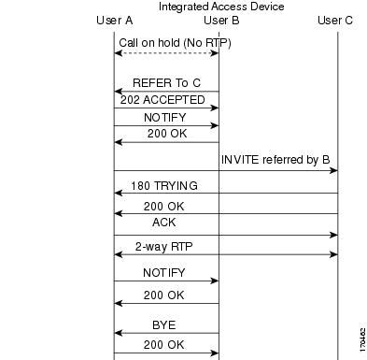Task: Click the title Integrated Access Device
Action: tap(221, 7)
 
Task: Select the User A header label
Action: tap(115, 21)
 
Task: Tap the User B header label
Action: tap(221, 21)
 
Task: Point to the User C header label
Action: tap(335, 21)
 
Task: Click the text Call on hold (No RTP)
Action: tap(175, 42)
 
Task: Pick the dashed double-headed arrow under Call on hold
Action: tap(166, 53)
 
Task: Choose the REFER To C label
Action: tap(167, 82)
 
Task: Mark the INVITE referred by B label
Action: tap(275, 160)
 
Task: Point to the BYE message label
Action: tap(164, 324)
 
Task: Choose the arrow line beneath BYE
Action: tap(166, 333)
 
